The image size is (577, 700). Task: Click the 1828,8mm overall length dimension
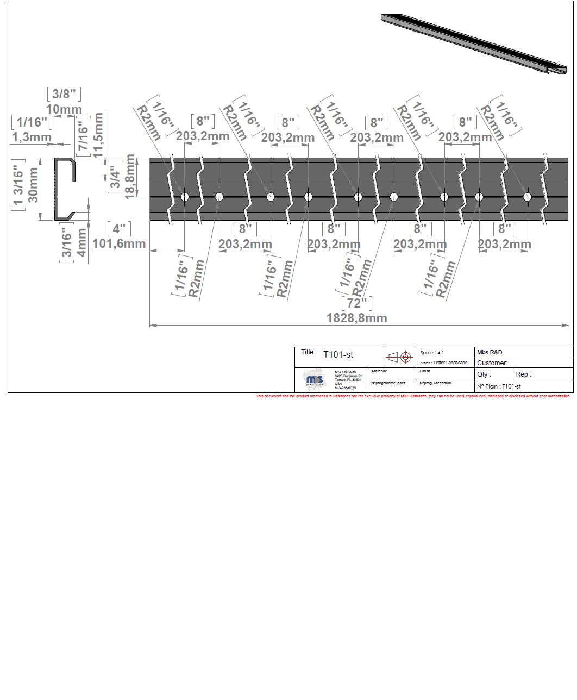click(356, 318)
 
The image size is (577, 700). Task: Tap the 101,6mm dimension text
click(119, 243)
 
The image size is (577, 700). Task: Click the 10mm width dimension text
click(64, 109)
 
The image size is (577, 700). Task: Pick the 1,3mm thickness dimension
click(32, 137)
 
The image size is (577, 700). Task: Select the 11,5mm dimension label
click(98, 135)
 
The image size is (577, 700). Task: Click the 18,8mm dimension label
click(130, 177)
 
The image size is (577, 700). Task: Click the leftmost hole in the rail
click(185, 197)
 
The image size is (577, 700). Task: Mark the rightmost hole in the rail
click(527, 197)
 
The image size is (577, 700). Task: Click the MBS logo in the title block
click(315, 380)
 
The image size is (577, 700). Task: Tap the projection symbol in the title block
click(399, 358)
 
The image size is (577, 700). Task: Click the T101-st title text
click(338, 355)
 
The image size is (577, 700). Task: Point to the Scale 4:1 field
click(432, 353)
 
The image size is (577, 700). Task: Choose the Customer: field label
click(492, 362)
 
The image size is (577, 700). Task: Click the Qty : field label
click(484, 374)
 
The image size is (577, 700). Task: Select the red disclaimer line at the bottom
click(413, 396)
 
